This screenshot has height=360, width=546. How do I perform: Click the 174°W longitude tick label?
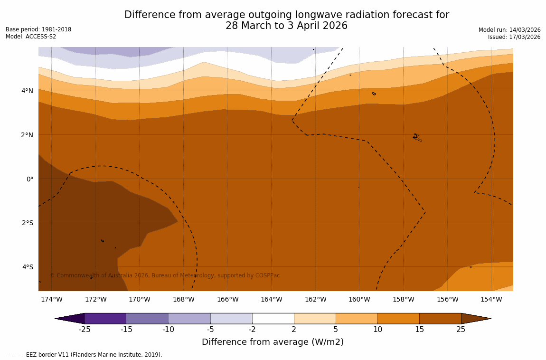51,299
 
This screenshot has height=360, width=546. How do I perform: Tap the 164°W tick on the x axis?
271,299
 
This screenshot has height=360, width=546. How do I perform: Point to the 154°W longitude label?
491,299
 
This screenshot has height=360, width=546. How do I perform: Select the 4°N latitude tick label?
28,91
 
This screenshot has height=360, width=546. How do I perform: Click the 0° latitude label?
30,179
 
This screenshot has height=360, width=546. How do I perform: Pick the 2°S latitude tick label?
28,223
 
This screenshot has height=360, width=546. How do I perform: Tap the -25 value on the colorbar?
85,330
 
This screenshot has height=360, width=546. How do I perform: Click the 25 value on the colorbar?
461,330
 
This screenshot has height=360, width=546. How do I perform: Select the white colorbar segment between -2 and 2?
273,318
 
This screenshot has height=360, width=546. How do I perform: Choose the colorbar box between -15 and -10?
148,318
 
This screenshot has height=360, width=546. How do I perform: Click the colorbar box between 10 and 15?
398,318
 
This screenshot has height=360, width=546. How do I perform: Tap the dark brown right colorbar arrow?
476,318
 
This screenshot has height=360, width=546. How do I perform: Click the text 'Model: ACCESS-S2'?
31,37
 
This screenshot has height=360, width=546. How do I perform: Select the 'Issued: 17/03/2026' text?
514,37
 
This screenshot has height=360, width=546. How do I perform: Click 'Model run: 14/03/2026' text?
509,29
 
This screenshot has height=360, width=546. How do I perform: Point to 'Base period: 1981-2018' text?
38,29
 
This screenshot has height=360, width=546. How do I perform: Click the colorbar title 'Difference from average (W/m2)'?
273,342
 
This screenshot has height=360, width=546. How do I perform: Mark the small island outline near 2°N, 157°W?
417,137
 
